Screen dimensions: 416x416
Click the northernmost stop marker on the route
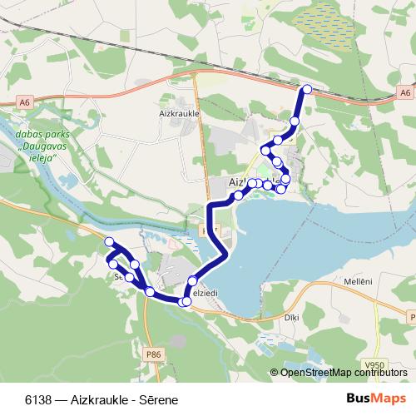coord(307,89)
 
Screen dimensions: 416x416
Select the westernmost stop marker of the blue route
coord(109,241)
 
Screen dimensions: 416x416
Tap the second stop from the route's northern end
coord(295,121)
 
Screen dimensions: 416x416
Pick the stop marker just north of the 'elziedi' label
coord(192,281)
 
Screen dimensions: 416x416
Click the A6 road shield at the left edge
coord(25,102)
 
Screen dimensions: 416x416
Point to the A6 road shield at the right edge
coord(404,94)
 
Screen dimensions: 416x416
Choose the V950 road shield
coord(376,365)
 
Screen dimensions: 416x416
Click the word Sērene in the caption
coord(160,400)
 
